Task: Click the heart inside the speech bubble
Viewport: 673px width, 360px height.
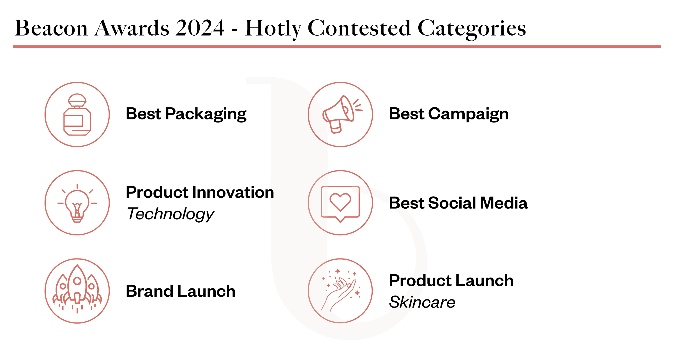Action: [x=340, y=201]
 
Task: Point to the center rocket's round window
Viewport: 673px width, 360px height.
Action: [x=77, y=281]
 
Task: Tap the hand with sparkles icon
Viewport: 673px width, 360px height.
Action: [x=340, y=292]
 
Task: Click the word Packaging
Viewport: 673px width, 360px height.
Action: [x=206, y=114]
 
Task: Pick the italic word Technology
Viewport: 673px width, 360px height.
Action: [x=170, y=214]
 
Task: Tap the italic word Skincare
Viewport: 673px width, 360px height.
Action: [x=422, y=302]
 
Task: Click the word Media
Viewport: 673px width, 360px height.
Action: [x=504, y=203]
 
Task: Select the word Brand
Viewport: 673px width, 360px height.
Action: [x=149, y=291]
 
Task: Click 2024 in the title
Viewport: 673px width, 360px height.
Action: [x=200, y=28]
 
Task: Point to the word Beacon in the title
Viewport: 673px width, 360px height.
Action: [x=51, y=28]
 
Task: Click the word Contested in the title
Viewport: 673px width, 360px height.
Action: [x=359, y=28]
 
